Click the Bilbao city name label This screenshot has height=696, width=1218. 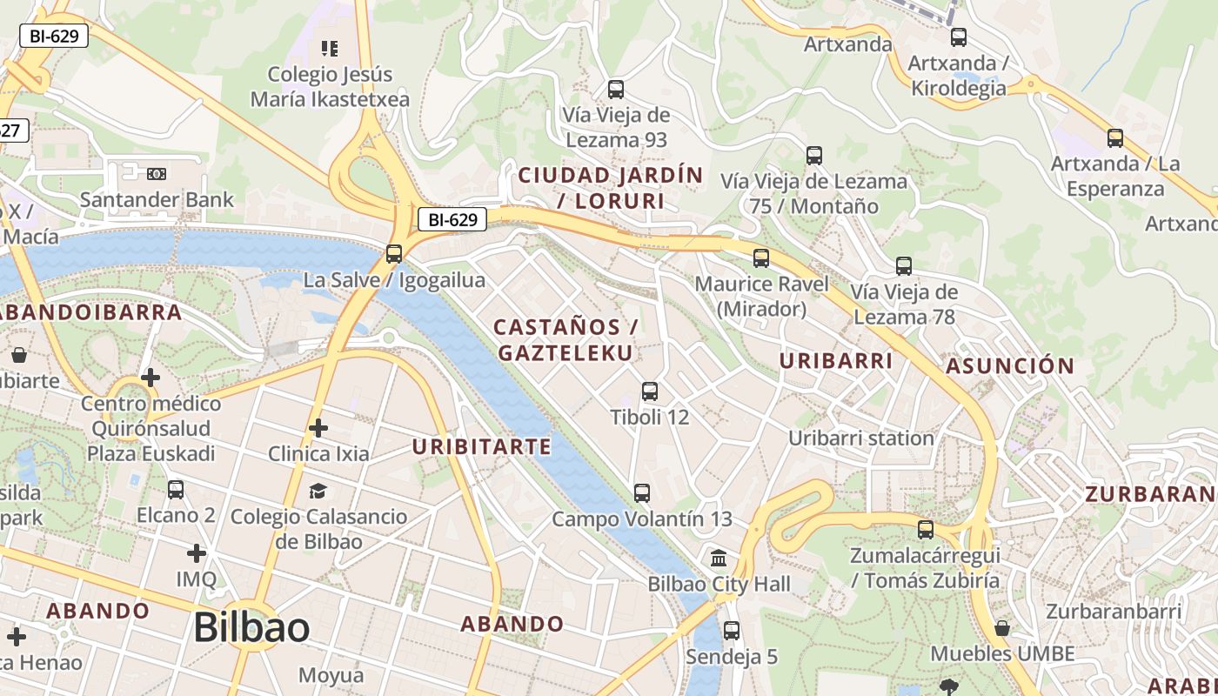(x=251, y=627)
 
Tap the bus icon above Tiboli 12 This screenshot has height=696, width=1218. (x=650, y=391)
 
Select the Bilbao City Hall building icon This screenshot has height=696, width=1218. (x=719, y=558)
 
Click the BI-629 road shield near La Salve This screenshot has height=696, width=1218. (x=452, y=220)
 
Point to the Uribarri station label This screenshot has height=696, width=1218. (x=860, y=438)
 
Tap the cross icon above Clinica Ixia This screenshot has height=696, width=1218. (x=318, y=428)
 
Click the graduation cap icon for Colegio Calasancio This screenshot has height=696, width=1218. (x=318, y=492)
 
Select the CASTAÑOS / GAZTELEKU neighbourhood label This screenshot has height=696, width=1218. (x=566, y=340)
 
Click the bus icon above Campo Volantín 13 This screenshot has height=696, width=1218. (x=642, y=493)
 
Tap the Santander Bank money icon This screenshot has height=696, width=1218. (x=157, y=174)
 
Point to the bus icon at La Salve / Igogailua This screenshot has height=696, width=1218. (x=394, y=254)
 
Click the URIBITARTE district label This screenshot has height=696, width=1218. (x=481, y=447)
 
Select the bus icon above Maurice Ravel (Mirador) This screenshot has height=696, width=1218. (x=761, y=258)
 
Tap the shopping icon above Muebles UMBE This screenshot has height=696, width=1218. (x=1002, y=628)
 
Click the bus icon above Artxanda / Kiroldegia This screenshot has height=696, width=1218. (x=958, y=37)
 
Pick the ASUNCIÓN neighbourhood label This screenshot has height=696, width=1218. (x=1010, y=365)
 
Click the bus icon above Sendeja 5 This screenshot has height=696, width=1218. (x=732, y=631)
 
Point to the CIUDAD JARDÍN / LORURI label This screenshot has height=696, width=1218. (x=610, y=188)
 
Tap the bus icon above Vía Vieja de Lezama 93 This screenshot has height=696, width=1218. (x=616, y=90)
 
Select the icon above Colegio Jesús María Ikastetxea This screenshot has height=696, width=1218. (x=329, y=48)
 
